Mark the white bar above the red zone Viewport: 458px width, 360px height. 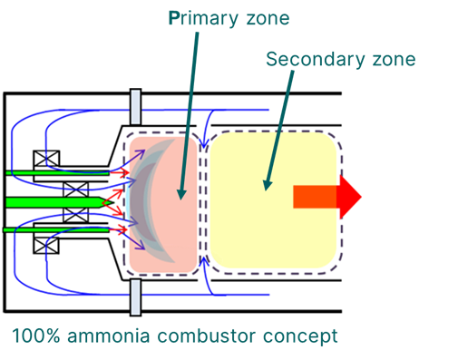pyautogui.click(x=135, y=106)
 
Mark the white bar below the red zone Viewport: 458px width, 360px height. pyautogui.click(x=135, y=296)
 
